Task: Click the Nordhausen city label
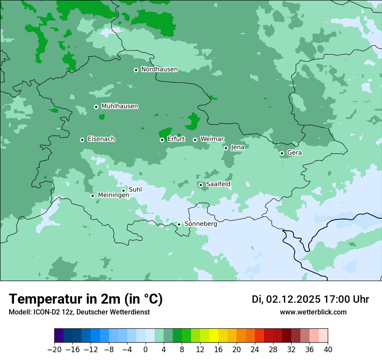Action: click(159, 69)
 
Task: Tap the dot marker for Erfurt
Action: click(162, 140)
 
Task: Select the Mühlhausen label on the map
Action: click(119, 106)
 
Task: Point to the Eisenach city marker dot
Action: click(82, 140)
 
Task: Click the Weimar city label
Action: click(212, 139)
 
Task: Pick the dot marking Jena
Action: click(226, 148)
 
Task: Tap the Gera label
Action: click(294, 153)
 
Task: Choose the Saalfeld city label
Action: click(218, 184)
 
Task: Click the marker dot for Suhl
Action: click(123, 190)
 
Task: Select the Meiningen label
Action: click(114, 196)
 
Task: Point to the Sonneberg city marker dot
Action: click(179, 225)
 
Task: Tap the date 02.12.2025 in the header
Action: click(293, 299)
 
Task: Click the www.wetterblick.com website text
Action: click(313, 312)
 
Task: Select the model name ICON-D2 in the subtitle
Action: click(44, 312)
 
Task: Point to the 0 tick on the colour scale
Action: click(145, 350)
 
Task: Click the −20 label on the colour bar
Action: click(54, 350)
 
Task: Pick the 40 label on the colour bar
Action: click(327, 350)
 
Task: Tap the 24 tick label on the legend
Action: click(255, 350)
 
